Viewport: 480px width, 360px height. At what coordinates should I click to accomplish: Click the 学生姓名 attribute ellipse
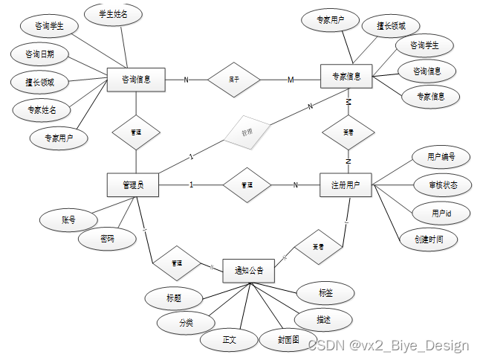pos(114,14)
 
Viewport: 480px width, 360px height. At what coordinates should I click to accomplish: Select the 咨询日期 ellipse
pos(39,54)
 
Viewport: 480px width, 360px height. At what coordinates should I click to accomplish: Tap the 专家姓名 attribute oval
pos(41,109)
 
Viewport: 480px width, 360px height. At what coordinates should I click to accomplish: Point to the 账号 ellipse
pos(69,219)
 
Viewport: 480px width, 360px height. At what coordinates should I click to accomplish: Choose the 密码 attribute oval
pos(108,239)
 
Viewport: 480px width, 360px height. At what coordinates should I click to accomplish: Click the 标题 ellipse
pos(173,298)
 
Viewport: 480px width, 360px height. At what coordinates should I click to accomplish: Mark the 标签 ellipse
pos(325,293)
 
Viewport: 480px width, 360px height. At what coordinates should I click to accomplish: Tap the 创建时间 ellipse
pos(427,239)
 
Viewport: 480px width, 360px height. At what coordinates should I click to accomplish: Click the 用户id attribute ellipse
pos(441,213)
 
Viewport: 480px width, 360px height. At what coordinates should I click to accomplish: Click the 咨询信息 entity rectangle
pos(136,79)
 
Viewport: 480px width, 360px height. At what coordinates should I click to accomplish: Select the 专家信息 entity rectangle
pos(346,77)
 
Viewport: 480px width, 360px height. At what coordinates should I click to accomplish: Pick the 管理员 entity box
pos(135,184)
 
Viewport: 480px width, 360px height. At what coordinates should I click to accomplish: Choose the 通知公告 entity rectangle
pos(248,270)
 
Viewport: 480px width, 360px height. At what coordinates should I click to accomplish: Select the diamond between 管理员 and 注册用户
pos(247,184)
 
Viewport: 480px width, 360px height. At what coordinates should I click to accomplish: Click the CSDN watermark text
pos(389,345)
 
